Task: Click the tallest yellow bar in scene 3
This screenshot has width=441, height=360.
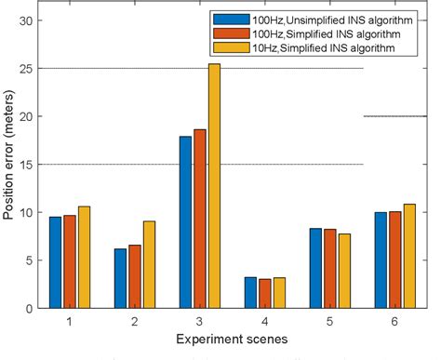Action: point(214,186)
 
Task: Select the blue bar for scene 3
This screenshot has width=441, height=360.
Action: point(186,222)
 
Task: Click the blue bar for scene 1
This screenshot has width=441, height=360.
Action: point(55,262)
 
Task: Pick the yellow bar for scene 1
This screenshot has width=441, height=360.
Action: point(84,257)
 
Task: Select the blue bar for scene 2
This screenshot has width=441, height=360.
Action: point(120,278)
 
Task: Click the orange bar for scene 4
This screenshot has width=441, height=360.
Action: point(265,293)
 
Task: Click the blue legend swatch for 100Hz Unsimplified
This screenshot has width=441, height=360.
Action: point(226,19)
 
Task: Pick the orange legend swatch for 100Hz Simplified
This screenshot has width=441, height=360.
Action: point(226,33)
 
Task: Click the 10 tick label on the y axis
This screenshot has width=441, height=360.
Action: point(26,212)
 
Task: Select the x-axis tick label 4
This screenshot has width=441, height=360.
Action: point(265,321)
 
